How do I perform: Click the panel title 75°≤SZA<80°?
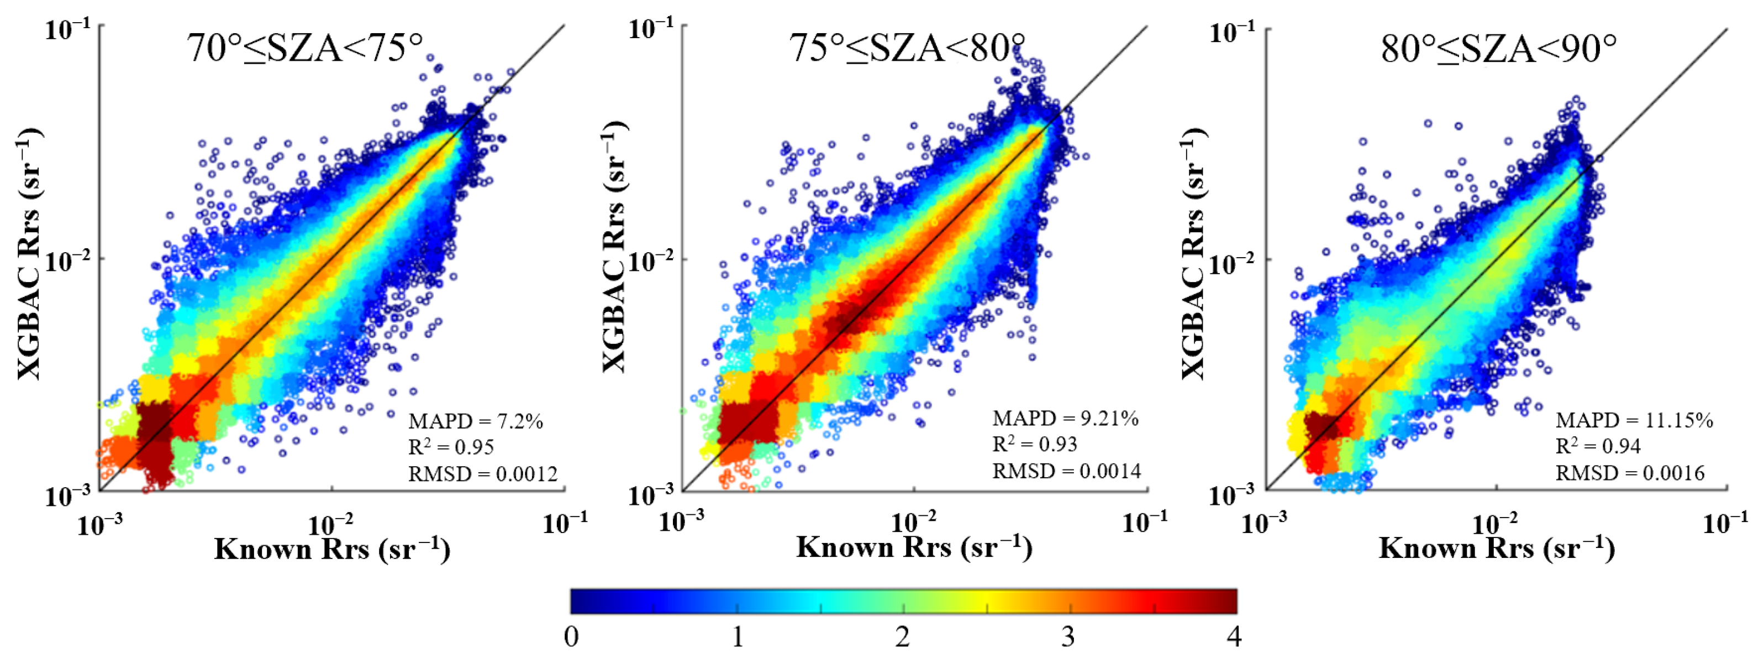907,49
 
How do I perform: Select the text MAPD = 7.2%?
475,421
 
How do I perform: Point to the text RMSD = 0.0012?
483,474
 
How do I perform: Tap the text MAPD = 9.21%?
1066,419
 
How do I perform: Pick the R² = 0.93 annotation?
1035,445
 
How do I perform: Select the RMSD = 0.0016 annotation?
1630,473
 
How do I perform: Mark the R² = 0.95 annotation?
451,447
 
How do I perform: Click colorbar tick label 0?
571,637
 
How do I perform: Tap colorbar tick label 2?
903,637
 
